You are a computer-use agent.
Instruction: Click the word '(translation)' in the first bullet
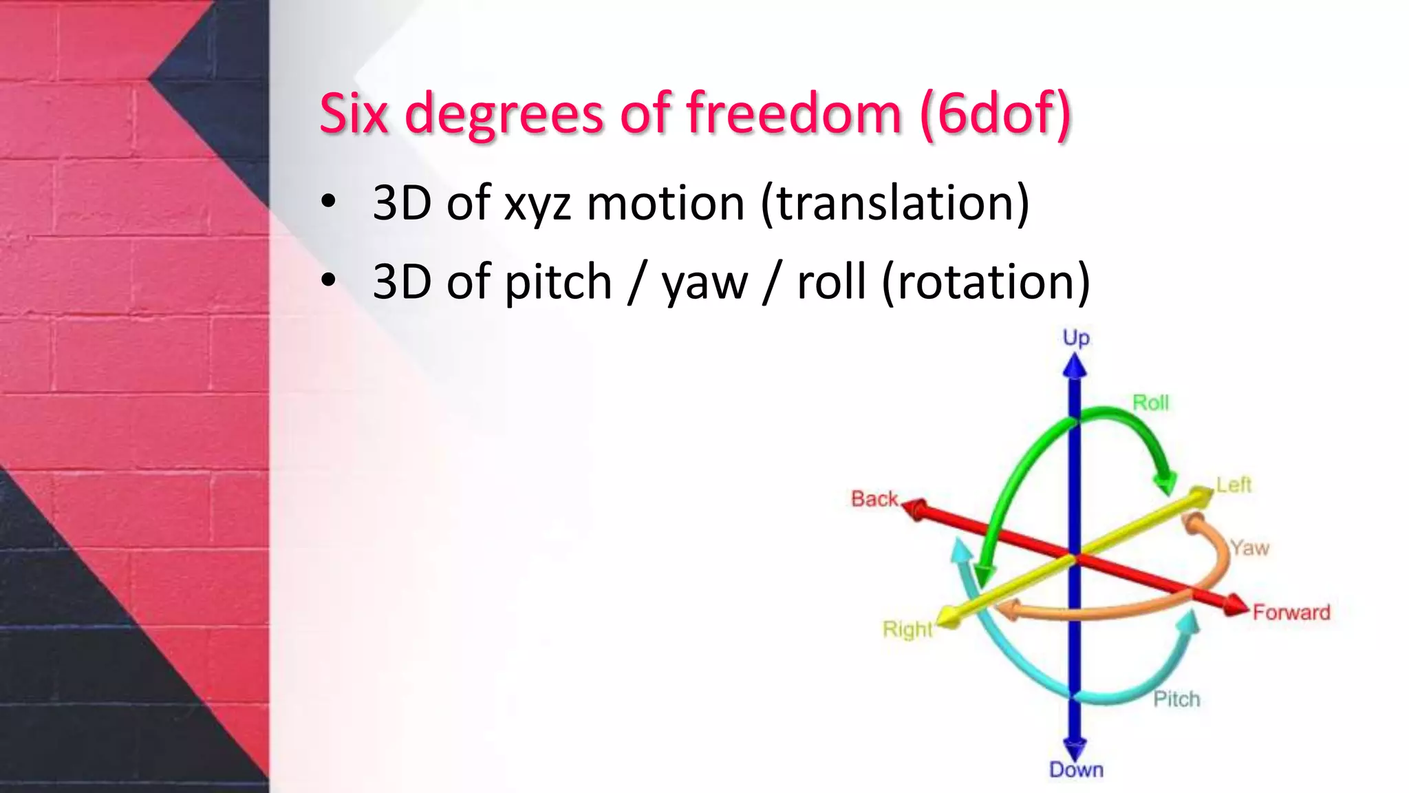pyautogui.click(x=894, y=203)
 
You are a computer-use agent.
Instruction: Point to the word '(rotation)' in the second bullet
pyautogui.click(x=985, y=282)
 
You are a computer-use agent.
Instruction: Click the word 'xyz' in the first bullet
pyautogui.click(x=537, y=204)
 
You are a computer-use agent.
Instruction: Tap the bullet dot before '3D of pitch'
pyautogui.click(x=329, y=280)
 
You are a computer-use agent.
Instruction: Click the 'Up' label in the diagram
pyautogui.click(x=1076, y=338)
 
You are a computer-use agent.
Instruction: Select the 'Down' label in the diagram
pyautogui.click(x=1076, y=770)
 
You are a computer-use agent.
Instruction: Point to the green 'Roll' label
pyautogui.click(x=1150, y=402)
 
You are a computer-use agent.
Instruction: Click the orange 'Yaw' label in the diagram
pyautogui.click(x=1249, y=548)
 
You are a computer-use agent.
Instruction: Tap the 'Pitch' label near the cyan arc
pyautogui.click(x=1176, y=699)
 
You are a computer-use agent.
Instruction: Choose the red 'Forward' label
pyautogui.click(x=1291, y=612)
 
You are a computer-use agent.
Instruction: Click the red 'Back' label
pyautogui.click(x=874, y=498)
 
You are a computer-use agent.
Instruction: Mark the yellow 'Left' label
pyautogui.click(x=1234, y=485)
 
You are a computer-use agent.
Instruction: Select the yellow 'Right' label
pyautogui.click(x=907, y=629)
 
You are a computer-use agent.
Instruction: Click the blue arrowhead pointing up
pyautogui.click(x=1075, y=366)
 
